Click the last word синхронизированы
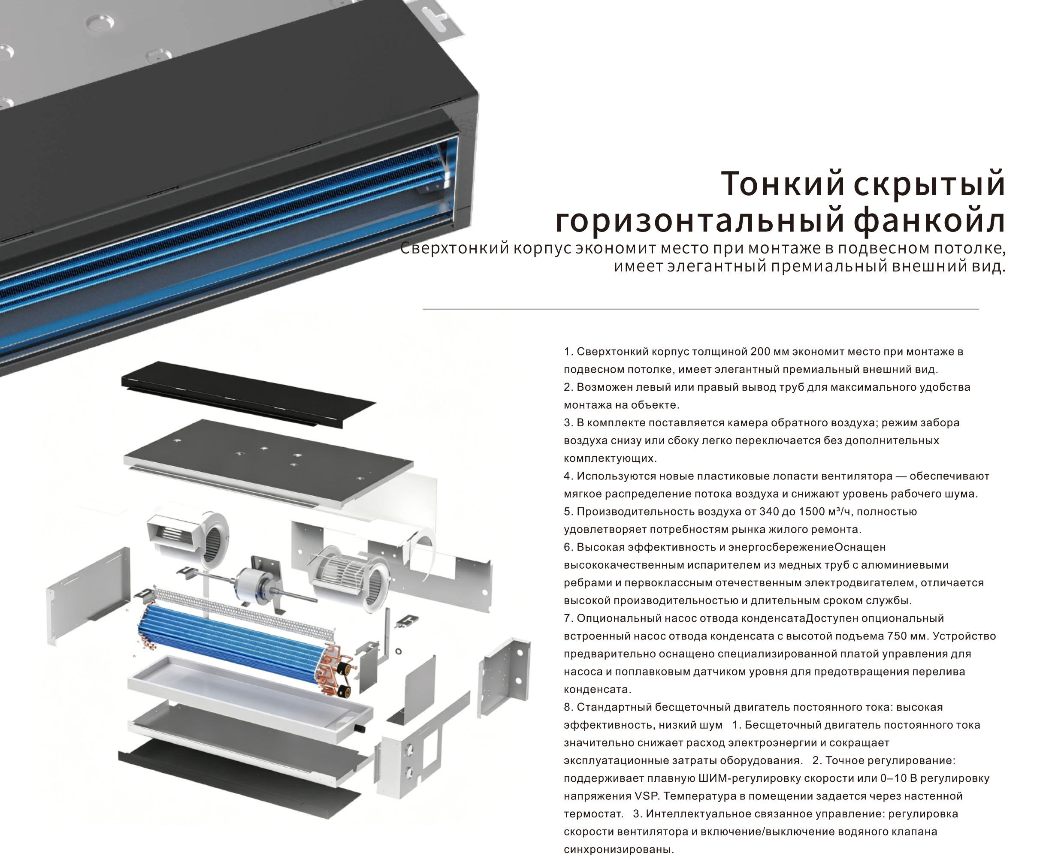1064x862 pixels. pos(618,850)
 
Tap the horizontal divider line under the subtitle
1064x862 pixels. pos(700,309)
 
